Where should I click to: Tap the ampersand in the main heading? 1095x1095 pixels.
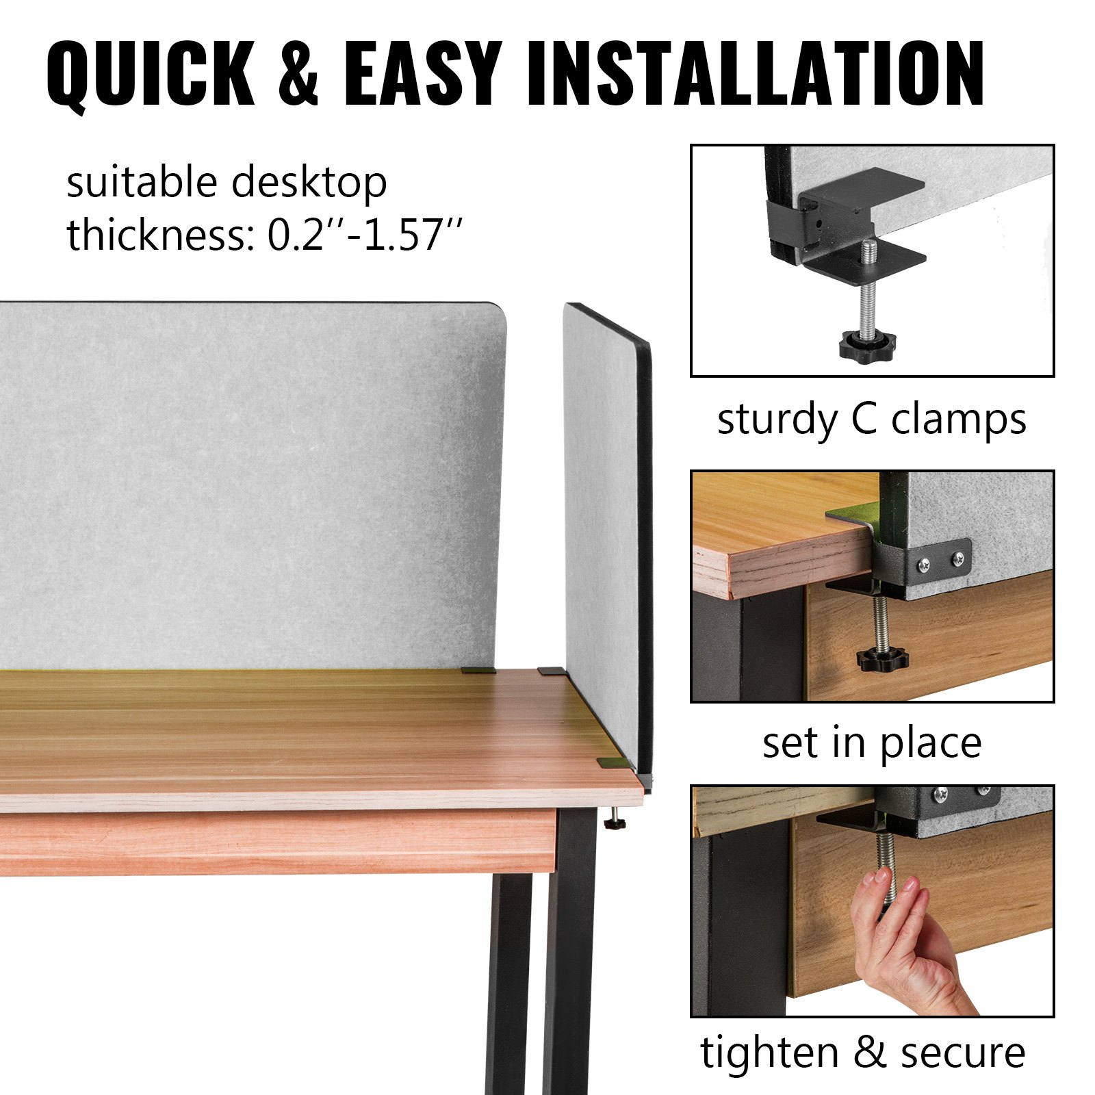(299, 73)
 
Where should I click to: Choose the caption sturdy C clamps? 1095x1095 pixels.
(871, 419)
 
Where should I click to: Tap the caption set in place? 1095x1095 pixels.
(872, 743)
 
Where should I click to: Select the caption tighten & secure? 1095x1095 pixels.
(863, 1052)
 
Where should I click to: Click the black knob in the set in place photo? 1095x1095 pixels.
(883, 658)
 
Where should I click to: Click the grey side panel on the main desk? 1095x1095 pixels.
(606, 541)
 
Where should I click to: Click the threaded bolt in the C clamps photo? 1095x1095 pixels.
(868, 287)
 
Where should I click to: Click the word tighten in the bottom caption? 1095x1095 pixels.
(769, 1052)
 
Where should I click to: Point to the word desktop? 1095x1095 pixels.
(309, 183)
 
